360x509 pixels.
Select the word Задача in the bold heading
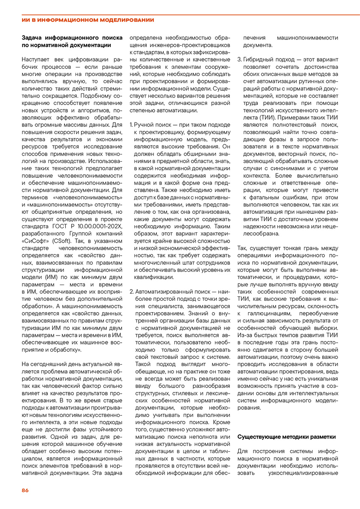[x=33, y=37]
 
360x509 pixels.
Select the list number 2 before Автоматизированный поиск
[x=131, y=292]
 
